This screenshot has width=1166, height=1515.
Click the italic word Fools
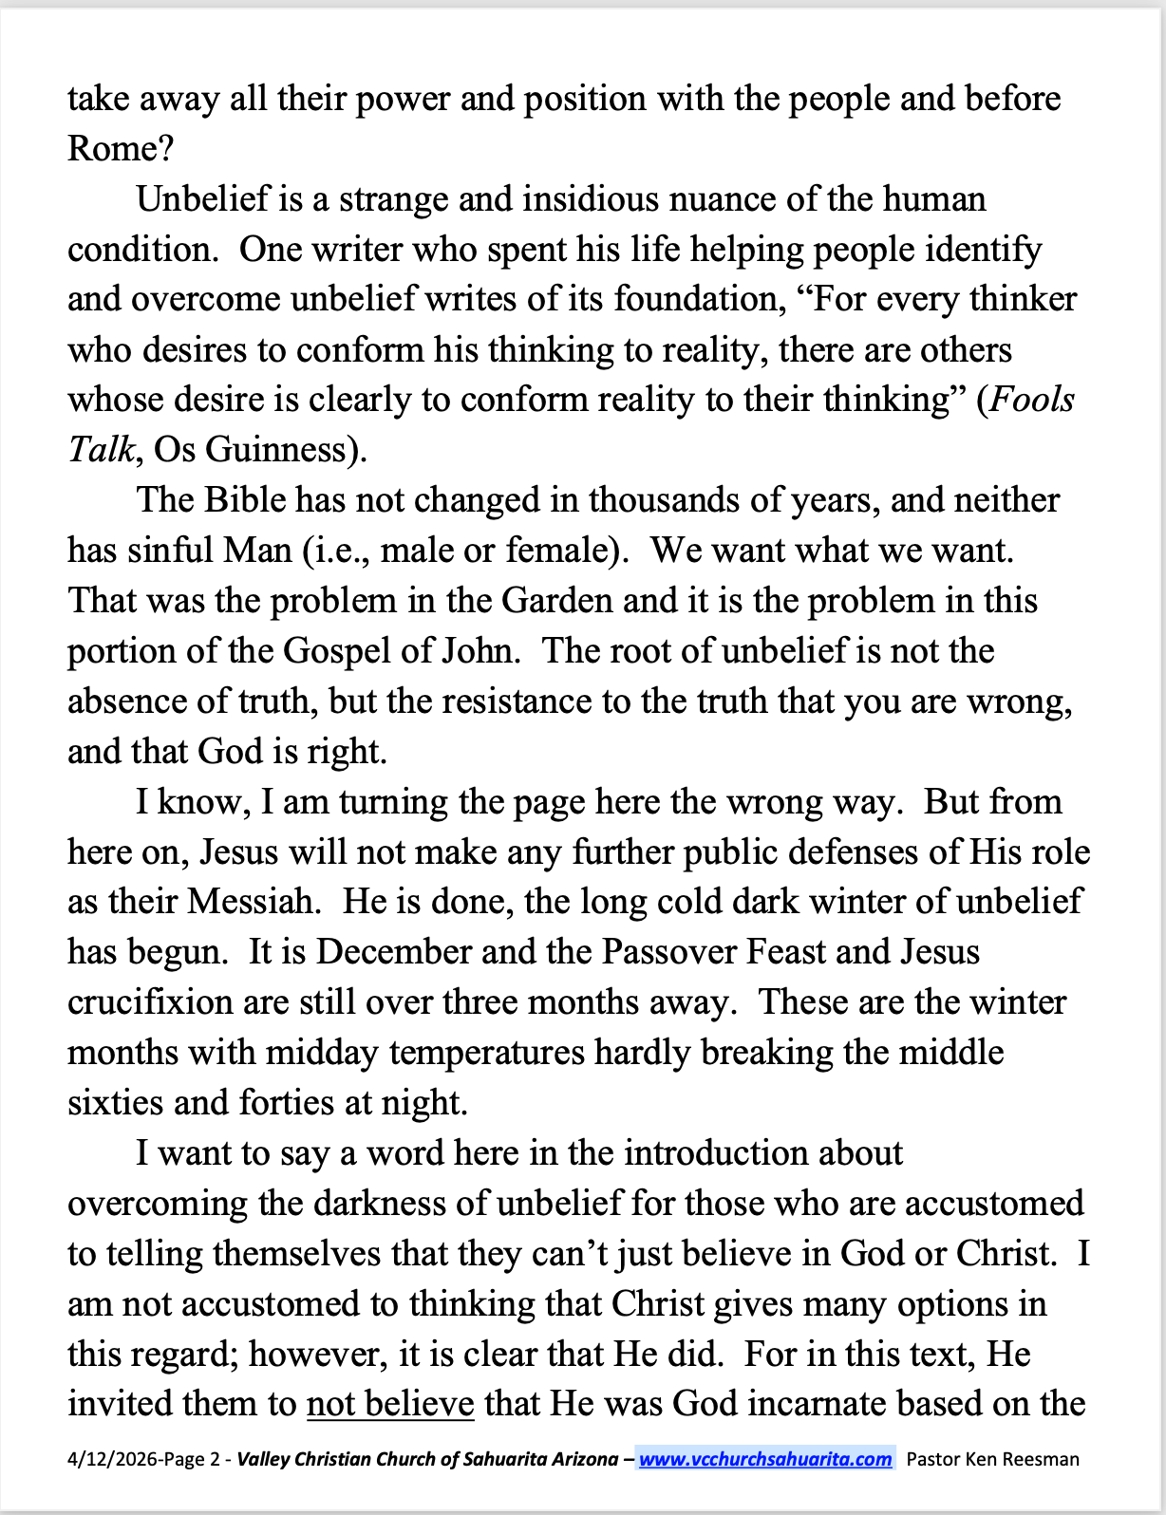pyautogui.click(x=1032, y=400)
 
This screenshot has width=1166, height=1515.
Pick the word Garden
pyautogui.click(x=556, y=601)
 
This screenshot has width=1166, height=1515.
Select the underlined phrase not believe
pyautogui.click(x=390, y=1404)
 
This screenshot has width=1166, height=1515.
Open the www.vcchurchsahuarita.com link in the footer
pyautogui.click(x=765, y=1459)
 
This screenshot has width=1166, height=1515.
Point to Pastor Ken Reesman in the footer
pyautogui.click(x=992, y=1459)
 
